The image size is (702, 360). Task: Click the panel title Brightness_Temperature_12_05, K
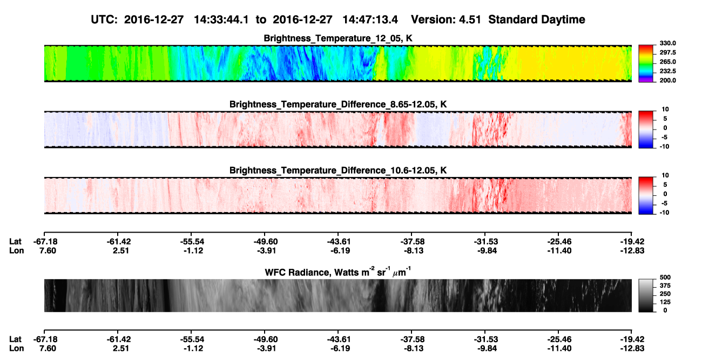point(338,38)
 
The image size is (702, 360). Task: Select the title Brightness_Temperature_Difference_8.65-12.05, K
point(338,104)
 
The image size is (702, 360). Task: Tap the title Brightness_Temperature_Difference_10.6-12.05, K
point(338,171)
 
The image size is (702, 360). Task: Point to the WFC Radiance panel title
point(338,272)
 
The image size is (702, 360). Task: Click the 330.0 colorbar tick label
point(667,43)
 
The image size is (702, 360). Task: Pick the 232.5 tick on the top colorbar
point(667,71)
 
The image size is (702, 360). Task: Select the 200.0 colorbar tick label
point(667,80)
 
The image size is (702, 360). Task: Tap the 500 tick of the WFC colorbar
point(665,277)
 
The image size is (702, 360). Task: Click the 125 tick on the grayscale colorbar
point(665,302)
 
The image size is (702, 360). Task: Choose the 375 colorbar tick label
point(665,286)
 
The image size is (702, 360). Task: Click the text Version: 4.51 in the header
point(446,19)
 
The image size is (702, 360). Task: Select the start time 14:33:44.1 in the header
point(221,19)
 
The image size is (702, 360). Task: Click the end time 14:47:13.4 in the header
point(370,19)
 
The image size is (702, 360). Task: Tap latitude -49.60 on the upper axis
point(265,242)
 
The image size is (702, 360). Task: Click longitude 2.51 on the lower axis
point(121,349)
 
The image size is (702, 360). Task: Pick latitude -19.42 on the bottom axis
point(632,339)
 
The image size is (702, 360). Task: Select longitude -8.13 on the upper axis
point(414,250)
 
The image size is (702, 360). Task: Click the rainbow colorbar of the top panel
point(646,64)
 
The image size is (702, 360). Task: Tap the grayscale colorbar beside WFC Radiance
point(646,295)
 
